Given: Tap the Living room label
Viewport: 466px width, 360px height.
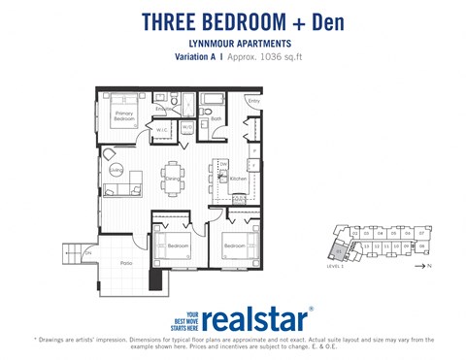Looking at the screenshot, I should (116, 171).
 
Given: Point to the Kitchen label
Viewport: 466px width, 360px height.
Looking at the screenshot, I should (237, 179).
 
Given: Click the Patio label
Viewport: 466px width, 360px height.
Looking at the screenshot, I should (126, 263).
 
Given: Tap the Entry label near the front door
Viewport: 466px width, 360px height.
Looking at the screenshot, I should (254, 101).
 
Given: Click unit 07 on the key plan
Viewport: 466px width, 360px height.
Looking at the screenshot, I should (422, 233).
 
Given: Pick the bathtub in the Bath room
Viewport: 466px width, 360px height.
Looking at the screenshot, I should (212, 98).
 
